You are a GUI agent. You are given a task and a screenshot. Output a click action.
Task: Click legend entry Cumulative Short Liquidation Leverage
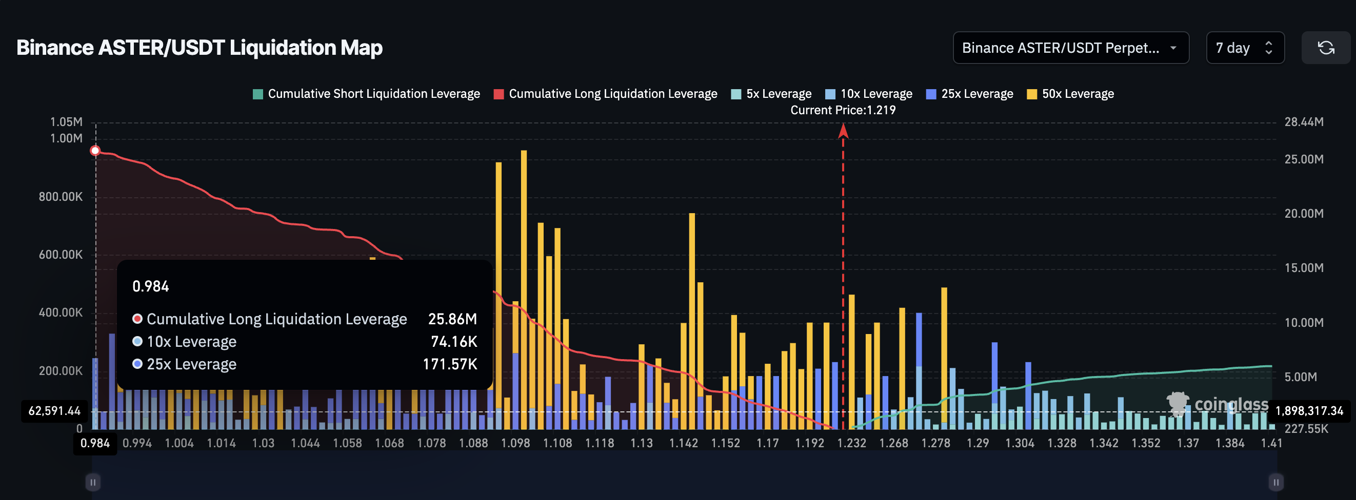click(366, 94)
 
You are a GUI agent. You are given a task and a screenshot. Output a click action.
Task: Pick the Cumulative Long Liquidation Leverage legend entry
click(605, 94)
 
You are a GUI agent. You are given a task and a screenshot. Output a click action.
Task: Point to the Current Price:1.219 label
click(842, 110)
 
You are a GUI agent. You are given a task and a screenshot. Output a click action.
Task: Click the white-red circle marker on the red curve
click(95, 151)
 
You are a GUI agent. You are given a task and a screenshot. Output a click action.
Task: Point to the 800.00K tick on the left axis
click(61, 197)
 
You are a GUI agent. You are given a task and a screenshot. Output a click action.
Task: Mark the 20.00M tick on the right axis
click(1303, 214)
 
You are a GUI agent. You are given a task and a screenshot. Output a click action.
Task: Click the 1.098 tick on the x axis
click(515, 443)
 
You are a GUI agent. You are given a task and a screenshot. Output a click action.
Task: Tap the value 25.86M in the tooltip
click(452, 319)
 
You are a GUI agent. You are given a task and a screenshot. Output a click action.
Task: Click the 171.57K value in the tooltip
click(450, 364)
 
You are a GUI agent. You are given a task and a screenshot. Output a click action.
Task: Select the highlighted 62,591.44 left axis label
click(54, 411)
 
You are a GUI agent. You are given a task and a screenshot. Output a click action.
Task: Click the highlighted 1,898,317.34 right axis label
click(1309, 411)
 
